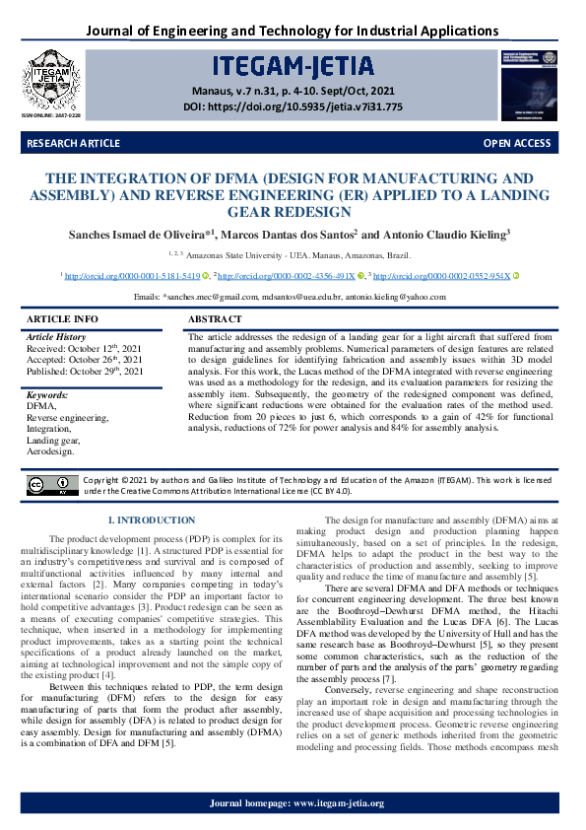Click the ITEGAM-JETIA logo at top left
[50, 78]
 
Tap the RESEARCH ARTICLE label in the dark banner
[74, 144]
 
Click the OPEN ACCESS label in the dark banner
[516, 144]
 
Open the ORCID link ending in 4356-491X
[287, 277]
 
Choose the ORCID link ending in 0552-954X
[441, 277]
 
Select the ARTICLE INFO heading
[62, 319]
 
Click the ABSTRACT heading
[215, 319]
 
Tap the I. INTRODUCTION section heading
[151, 519]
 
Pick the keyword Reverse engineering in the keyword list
[68, 418]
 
